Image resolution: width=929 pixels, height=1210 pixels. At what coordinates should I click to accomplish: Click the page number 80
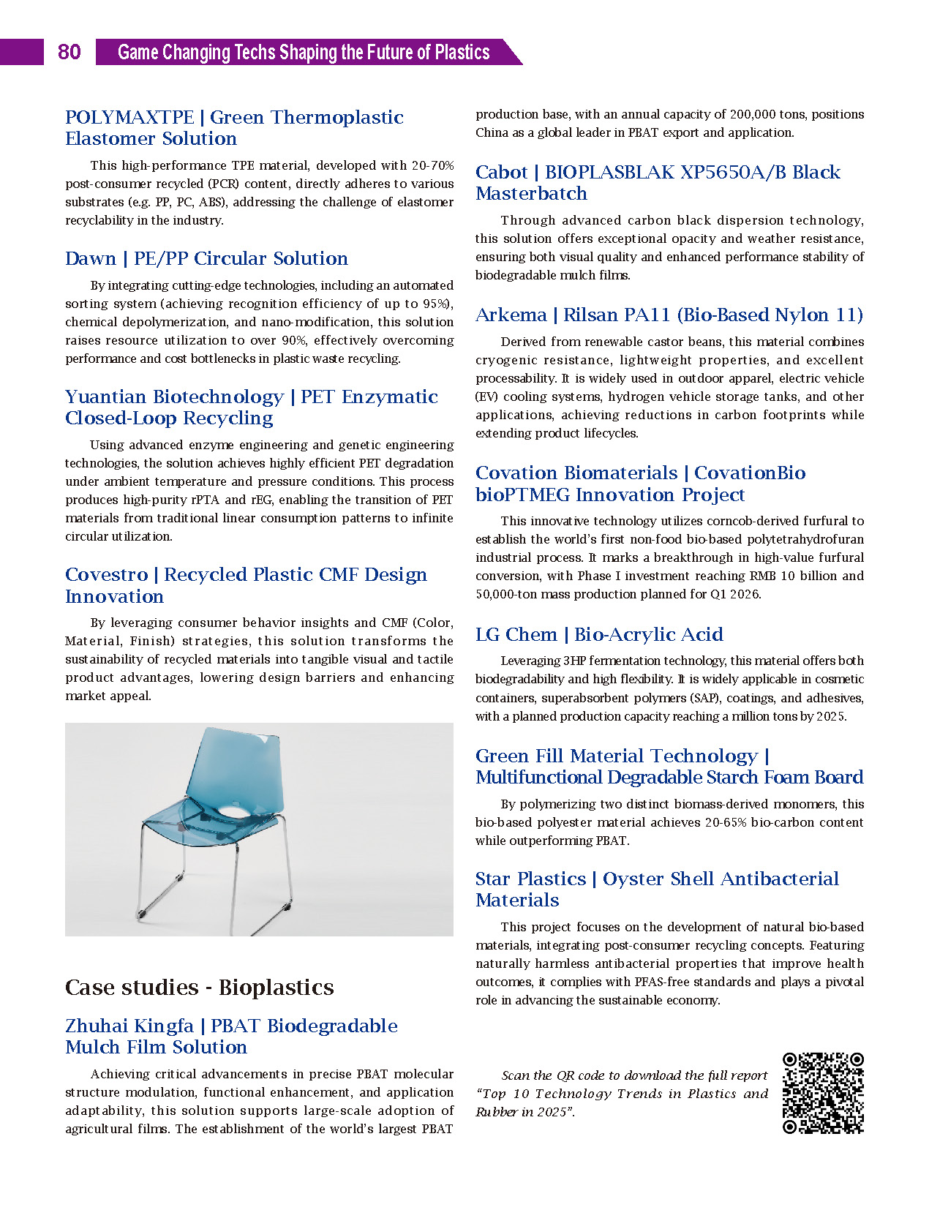click(69, 52)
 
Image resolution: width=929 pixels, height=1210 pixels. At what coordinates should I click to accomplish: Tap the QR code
click(823, 1093)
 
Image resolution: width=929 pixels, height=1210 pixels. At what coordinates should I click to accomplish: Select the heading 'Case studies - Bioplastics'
click(199, 988)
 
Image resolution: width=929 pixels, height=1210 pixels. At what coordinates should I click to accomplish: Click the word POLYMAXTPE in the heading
click(129, 118)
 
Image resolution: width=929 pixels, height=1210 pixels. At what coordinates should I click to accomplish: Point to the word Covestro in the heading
click(107, 575)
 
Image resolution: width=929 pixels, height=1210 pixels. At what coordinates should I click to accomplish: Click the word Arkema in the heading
click(511, 315)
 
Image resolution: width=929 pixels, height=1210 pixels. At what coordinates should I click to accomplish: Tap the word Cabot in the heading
click(501, 173)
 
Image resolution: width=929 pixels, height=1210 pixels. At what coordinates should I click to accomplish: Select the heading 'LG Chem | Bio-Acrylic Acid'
click(599, 634)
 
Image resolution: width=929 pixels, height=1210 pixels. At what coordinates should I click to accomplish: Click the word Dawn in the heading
click(91, 259)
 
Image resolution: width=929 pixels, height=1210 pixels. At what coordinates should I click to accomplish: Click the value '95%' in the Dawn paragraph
click(437, 304)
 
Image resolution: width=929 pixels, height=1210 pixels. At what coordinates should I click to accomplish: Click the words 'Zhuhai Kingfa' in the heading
click(129, 1026)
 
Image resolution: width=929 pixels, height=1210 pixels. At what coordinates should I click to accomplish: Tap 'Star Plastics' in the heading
click(530, 879)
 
